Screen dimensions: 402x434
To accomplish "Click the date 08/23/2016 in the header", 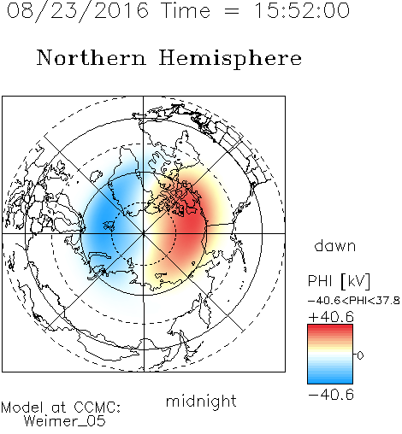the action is click(x=78, y=10).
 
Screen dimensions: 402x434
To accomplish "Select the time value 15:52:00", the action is click(x=302, y=10).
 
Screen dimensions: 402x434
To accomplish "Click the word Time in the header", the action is click(x=186, y=10).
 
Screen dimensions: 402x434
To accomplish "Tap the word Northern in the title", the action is click(x=92, y=57).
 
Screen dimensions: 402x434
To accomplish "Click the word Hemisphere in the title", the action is click(x=230, y=59).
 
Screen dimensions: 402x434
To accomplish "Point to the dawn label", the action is click(x=335, y=245).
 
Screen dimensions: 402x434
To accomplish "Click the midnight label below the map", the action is click(x=201, y=401).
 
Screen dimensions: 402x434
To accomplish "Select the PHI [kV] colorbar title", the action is click(x=339, y=281).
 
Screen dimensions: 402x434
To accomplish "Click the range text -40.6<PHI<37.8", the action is click(x=354, y=301).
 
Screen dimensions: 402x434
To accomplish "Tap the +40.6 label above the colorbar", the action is click(x=331, y=317).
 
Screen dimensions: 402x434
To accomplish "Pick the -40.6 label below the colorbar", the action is click(x=331, y=395).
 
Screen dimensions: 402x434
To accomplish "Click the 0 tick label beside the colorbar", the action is click(x=360, y=355).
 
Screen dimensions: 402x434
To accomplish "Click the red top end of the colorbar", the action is click(x=330, y=326).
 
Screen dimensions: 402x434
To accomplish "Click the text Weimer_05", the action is click(x=65, y=420).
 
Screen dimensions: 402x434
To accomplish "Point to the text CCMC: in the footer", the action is click(x=98, y=408).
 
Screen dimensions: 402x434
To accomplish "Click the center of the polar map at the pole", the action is click(x=144, y=233).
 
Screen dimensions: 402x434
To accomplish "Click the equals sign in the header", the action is click(x=232, y=11).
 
